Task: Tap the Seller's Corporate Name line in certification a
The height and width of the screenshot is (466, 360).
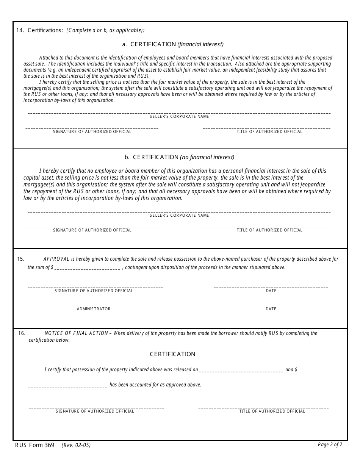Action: pos(179,113)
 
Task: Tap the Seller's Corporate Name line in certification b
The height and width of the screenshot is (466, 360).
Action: pos(179,211)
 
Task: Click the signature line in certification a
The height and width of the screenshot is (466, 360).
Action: pos(92,128)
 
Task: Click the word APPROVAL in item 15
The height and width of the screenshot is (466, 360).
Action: pos(56,259)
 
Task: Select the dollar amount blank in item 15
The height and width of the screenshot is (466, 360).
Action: pos(88,268)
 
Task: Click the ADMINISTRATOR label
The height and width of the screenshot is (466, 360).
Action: pos(94,309)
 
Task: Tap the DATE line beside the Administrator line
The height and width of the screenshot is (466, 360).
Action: pos(271,305)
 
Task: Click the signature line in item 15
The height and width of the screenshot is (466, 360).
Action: pos(95,287)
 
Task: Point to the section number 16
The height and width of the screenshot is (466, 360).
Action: pos(22,333)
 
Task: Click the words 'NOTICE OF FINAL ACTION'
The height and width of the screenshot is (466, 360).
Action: pos(76,333)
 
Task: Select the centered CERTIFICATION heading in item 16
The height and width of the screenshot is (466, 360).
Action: pos(172,354)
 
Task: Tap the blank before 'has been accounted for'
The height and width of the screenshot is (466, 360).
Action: pos(68,386)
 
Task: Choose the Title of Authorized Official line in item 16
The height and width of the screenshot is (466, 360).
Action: pos(263,407)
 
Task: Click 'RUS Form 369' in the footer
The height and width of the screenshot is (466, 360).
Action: pos(35,445)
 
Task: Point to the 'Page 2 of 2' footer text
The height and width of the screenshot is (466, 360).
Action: pos(330,445)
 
